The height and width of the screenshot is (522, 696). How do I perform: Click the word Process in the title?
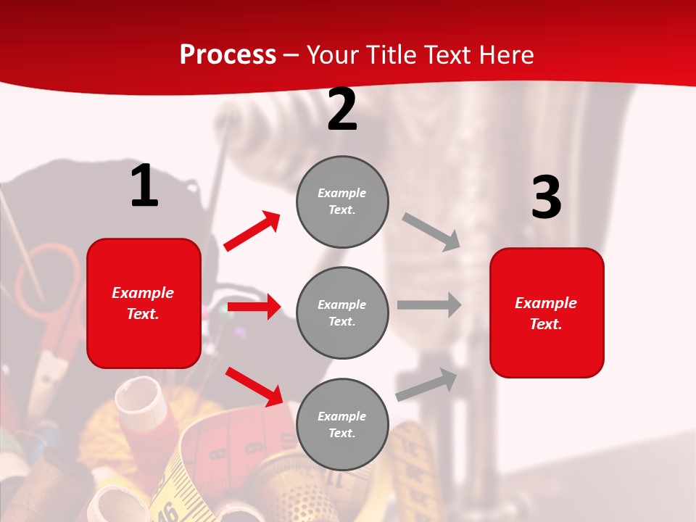pos(228,55)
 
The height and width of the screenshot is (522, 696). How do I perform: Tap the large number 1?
pos(144,186)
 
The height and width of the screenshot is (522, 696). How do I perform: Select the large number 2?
pos(342,109)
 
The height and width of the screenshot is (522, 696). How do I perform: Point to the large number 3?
pos(546,197)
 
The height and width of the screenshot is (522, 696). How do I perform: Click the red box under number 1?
pos(144,303)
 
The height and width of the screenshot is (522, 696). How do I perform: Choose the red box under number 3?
pos(547,312)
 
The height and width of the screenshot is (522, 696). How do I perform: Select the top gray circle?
pos(342,202)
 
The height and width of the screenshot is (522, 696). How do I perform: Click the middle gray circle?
pos(342,312)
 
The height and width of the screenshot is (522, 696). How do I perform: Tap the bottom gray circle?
pos(342,424)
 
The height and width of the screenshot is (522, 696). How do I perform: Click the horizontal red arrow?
pos(254,307)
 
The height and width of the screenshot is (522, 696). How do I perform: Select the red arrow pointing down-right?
pos(254,386)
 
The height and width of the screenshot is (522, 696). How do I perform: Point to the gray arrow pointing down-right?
pos(431,231)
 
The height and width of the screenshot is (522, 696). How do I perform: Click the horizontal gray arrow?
pos(429,305)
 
